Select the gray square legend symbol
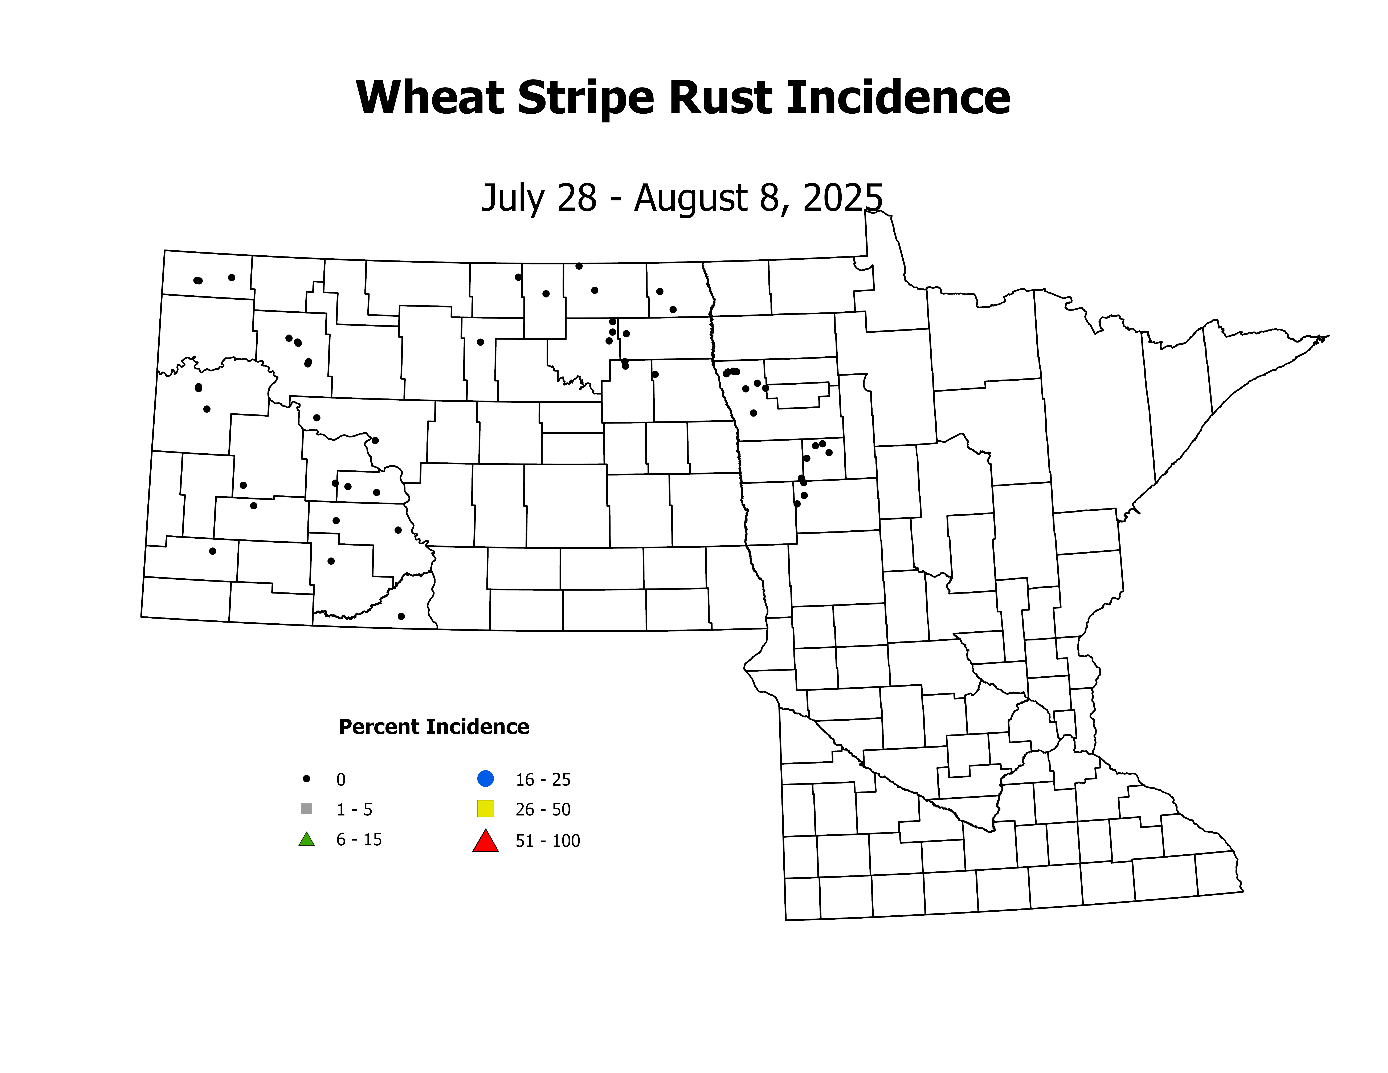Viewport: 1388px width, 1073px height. pos(306,809)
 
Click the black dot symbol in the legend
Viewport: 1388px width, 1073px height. pos(306,778)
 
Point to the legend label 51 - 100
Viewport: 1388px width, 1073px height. pos(548,841)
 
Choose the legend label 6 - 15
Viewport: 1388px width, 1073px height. pos(359,840)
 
